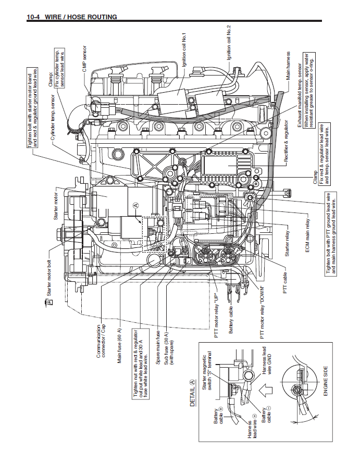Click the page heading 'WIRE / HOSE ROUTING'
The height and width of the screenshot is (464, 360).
pos(81,17)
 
